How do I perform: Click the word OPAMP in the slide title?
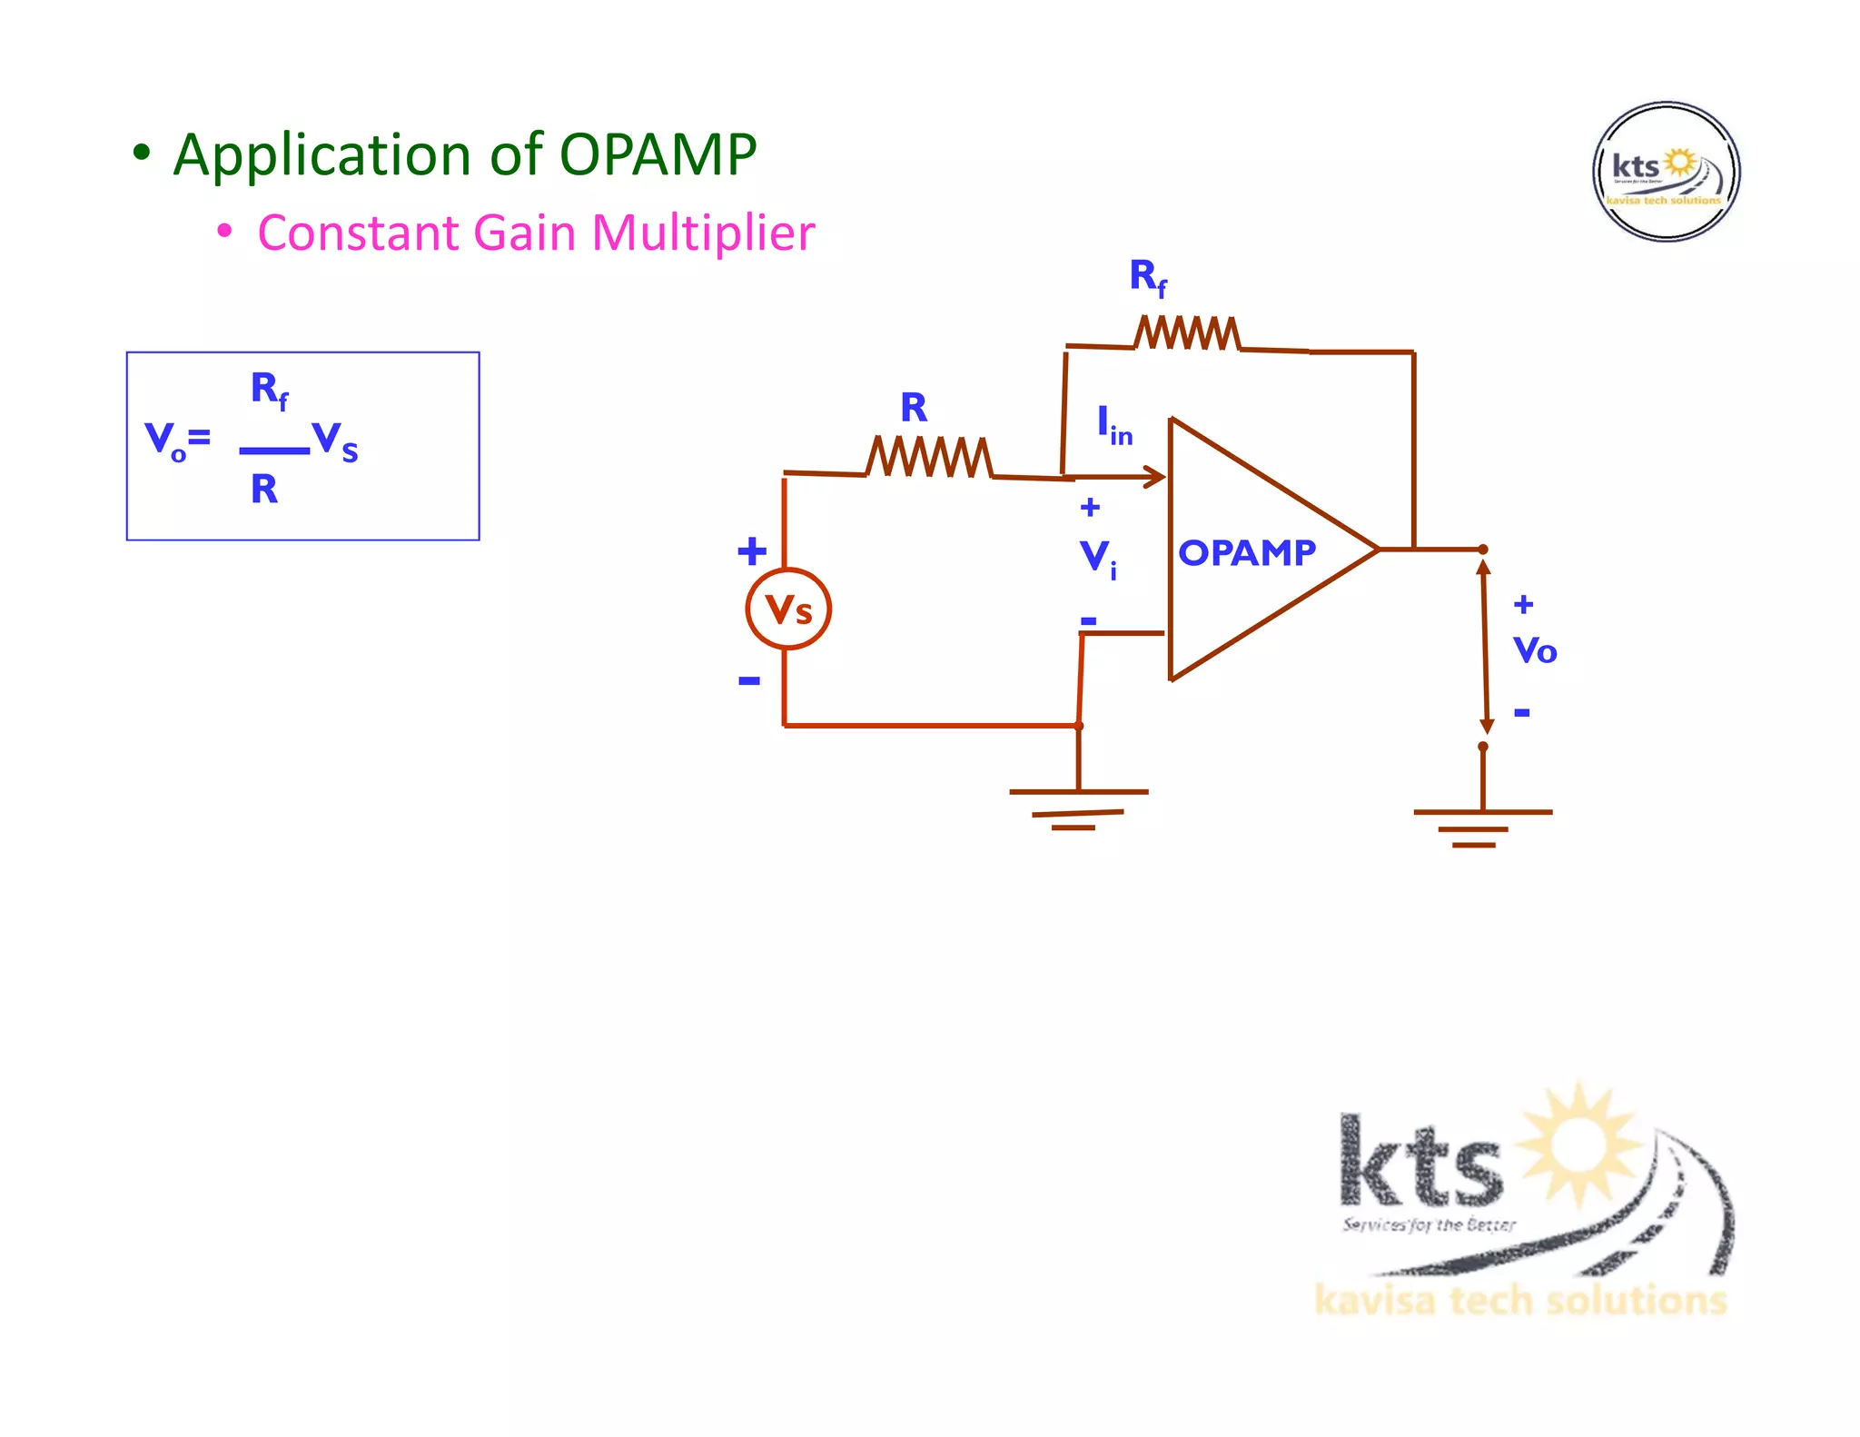(x=657, y=154)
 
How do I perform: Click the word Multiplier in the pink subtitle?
(x=703, y=233)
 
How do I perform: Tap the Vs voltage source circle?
(x=787, y=609)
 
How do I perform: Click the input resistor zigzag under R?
(x=929, y=457)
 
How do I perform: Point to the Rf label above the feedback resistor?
(x=1147, y=276)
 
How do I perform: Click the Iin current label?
(x=1113, y=425)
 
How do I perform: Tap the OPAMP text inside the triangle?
(x=1246, y=552)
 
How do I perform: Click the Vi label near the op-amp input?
(x=1097, y=557)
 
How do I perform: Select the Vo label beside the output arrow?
(x=1534, y=650)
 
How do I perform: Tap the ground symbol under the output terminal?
(x=1482, y=827)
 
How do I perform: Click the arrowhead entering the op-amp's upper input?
(x=1155, y=477)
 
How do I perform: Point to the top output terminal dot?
(x=1482, y=550)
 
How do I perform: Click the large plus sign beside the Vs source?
(x=751, y=550)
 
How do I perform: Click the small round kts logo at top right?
(x=1666, y=172)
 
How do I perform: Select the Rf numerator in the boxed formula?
(x=269, y=390)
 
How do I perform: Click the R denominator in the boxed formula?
(x=264, y=490)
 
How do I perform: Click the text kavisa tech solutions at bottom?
(x=1520, y=1301)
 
